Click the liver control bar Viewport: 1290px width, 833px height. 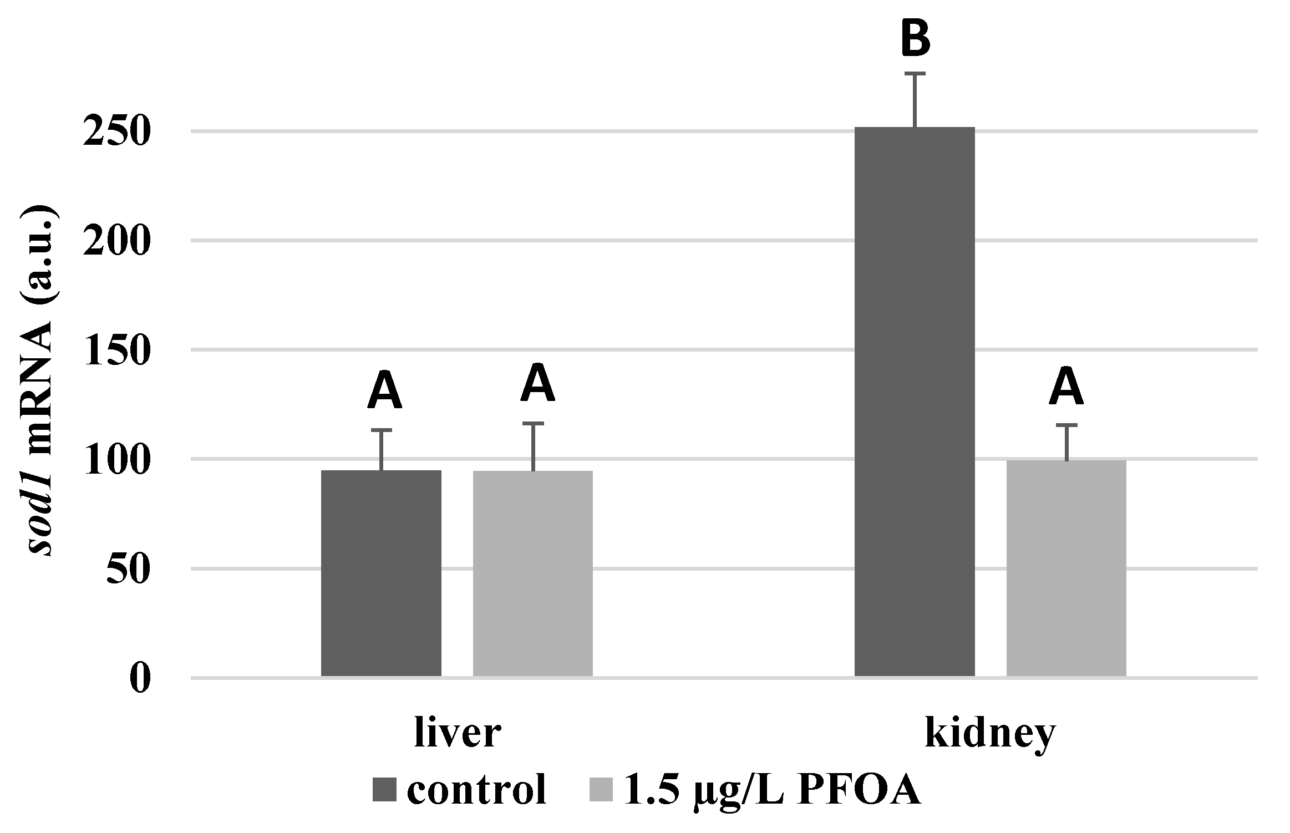(x=382, y=573)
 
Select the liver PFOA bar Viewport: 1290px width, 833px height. (x=533, y=573)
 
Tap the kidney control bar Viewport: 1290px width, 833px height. (x=915, y=402)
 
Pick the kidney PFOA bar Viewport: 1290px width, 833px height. (x=1066, y=568)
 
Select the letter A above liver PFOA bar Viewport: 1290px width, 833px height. (x=537, y=383)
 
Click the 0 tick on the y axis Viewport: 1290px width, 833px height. (x=141, y=678)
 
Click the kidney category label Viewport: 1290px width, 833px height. (x=991, y=735)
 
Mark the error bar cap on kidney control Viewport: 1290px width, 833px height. (x=915, y=73)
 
